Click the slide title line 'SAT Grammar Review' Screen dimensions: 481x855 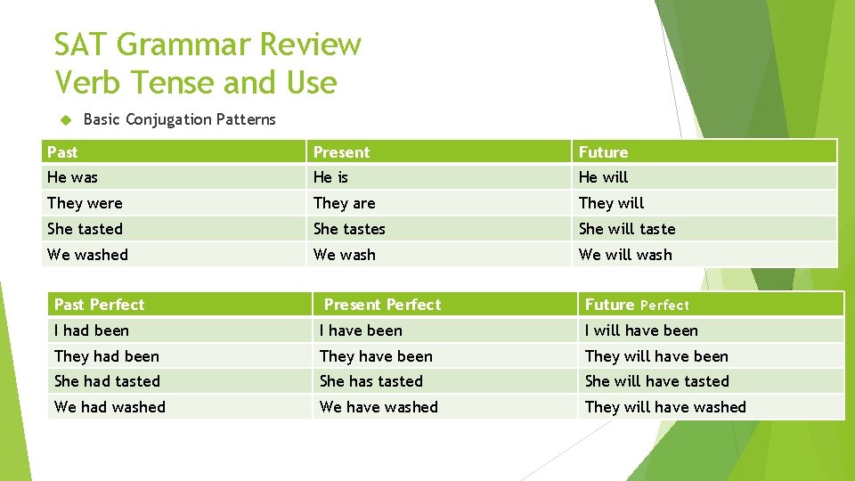point(208,44)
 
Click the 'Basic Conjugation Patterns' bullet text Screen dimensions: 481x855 point(179,119)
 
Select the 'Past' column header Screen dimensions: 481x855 point(62,152)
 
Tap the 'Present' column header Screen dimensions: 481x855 point(341,152)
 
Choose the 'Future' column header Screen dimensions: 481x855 point(603,152)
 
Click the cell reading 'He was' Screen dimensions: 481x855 point(72,177)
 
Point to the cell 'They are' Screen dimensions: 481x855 point(344,203)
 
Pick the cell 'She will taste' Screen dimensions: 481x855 point(627,229)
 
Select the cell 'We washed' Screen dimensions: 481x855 point(87,255)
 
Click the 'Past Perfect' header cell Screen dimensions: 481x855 point(99,305)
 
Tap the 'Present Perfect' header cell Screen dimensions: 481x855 point(382,305)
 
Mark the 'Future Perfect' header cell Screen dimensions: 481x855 point(637,305)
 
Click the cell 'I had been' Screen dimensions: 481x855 point(91,330)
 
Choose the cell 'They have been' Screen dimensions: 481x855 point(376,356)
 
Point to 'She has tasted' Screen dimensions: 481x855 point(370,381)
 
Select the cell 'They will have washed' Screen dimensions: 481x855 point(665,407)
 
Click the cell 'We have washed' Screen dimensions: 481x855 point(379,407)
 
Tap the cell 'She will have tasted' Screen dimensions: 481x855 point(656,381)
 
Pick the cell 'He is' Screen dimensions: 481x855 point(330,177)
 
